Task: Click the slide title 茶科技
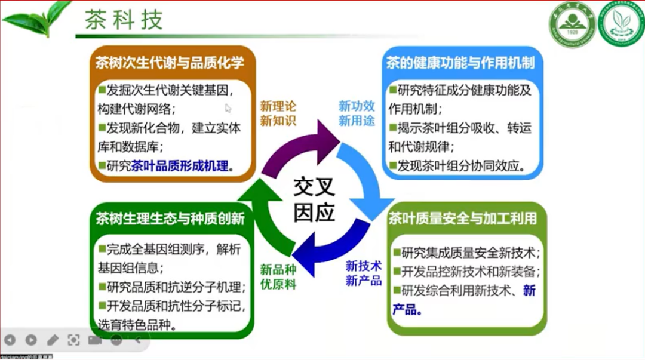(x=124, y=20)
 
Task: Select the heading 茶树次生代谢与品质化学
(x=170, y=63)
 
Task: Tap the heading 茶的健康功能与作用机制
(x=460, y=62)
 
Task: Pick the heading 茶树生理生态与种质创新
(x=170, y=218)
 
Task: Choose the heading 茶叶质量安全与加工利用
(x=462, y=218)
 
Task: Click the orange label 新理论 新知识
(x=278, y=113)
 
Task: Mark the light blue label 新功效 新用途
(x=357, y=113)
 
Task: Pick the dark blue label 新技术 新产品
(x=364, y=273)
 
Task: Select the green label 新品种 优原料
(x=278, y=276)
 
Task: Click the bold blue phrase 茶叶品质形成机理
(x=180, y=166)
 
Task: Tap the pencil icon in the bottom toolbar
(x=53, y=340)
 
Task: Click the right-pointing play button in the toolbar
(x=31, y=340)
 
